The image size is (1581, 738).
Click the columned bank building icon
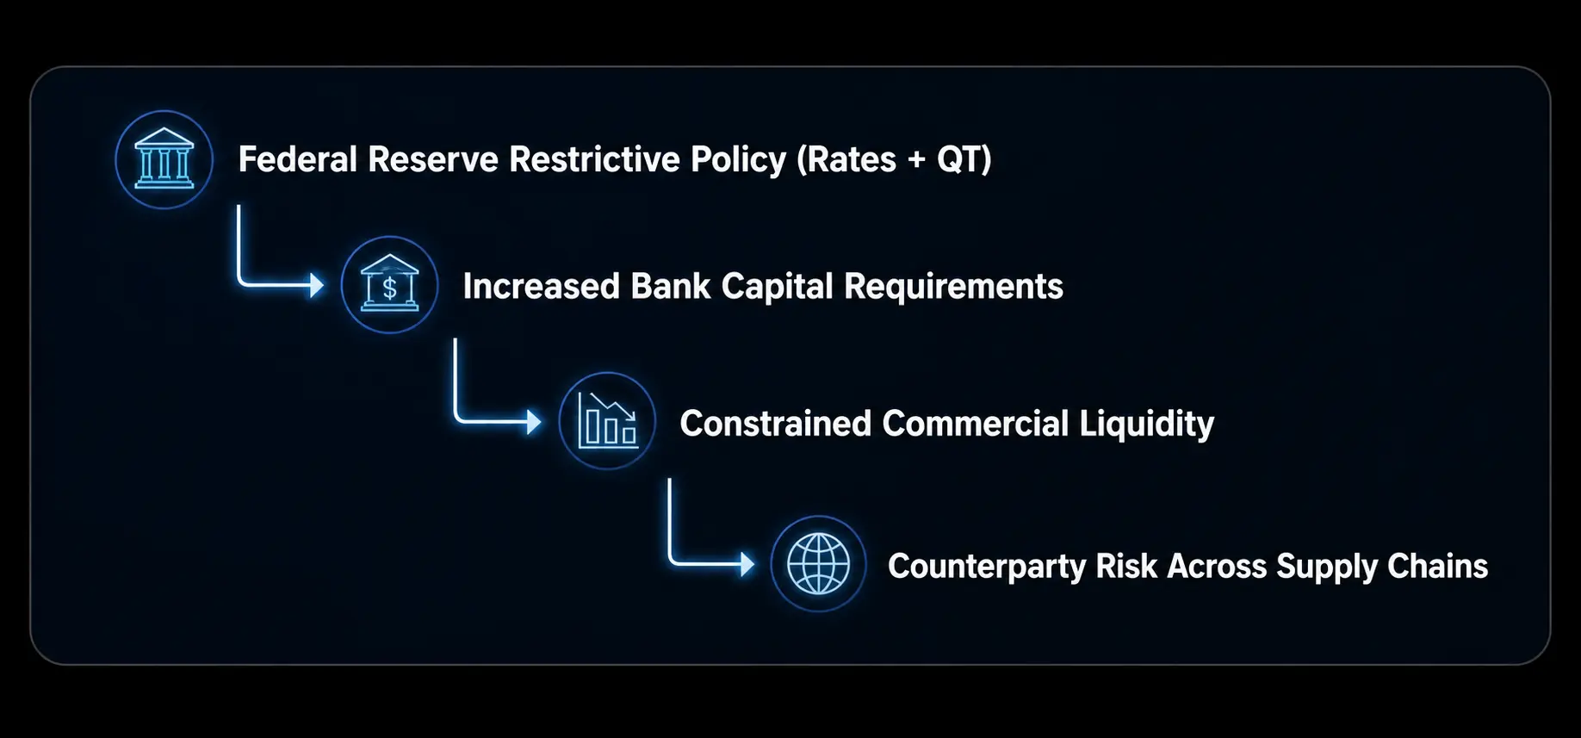pyautogui.click(x=164, y=159)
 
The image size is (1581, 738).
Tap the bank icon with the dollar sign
pyautogui.click(x=389, y=285)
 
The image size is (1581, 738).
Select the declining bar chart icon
pyautogui.click(x=607, y=421)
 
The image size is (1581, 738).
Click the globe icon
pyautogui.click(x=818, y=564)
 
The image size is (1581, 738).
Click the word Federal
pyautogui.click(x=297, y=160)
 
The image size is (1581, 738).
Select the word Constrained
pyautogui.click(x=776, y=424)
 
